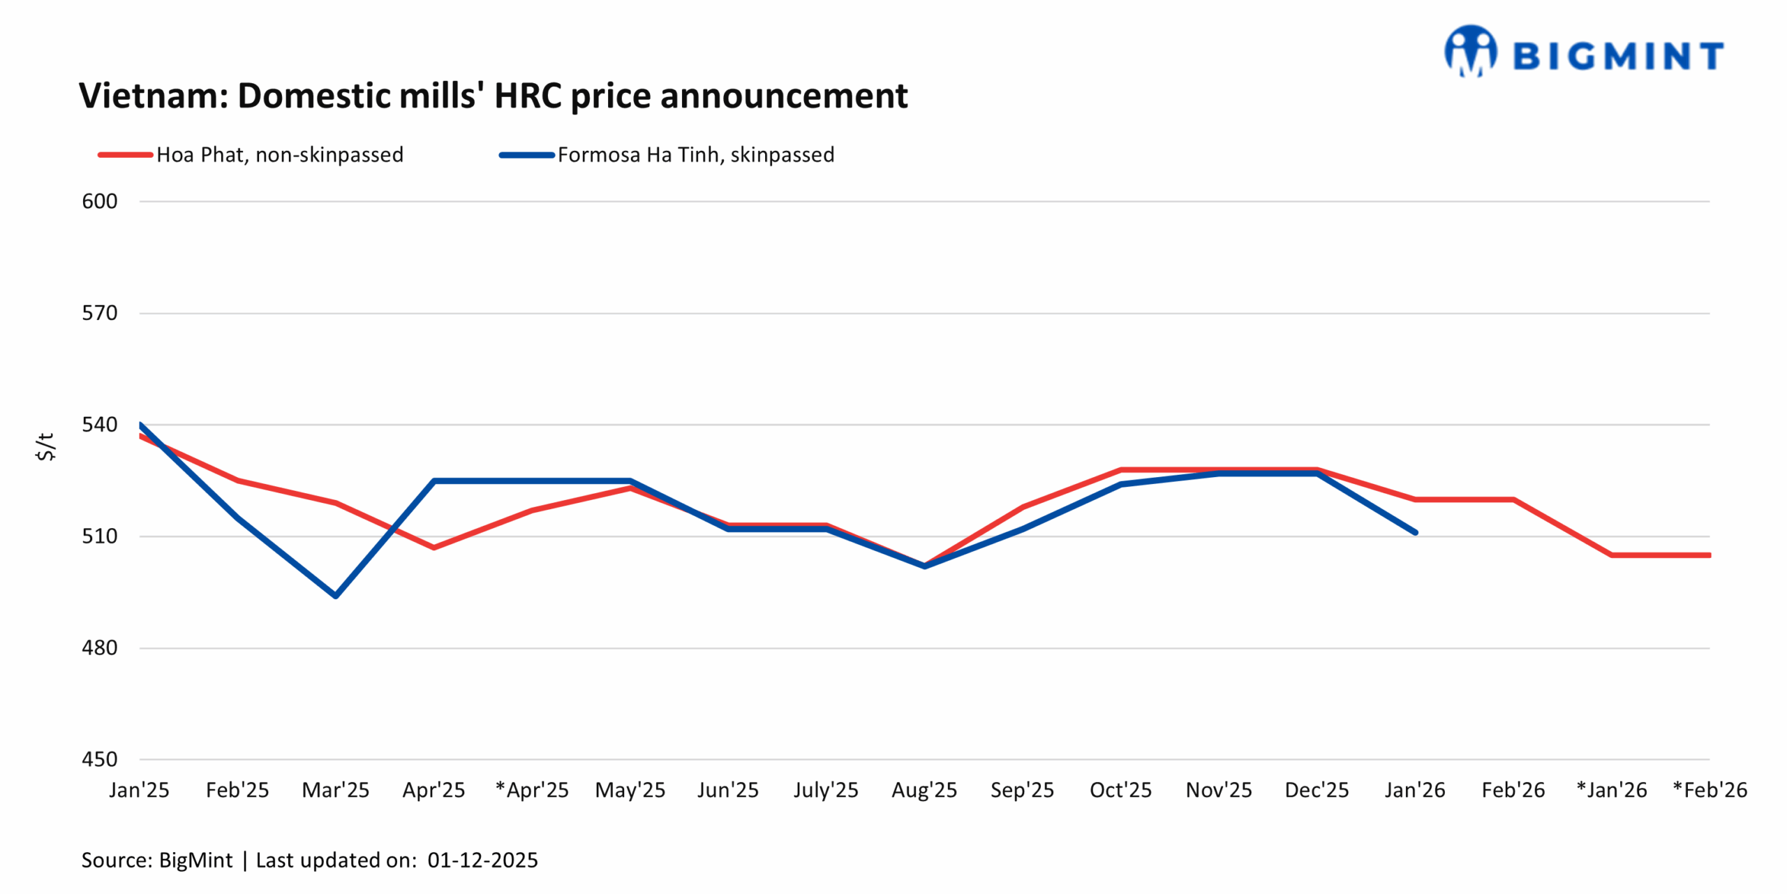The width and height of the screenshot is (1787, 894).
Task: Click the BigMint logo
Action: pos(1583,52)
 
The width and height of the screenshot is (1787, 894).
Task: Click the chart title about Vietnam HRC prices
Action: pos(493,96)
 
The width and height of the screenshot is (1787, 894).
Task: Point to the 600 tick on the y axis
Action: pos(99,201)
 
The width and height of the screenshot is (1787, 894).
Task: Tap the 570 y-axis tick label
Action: pos(99,313)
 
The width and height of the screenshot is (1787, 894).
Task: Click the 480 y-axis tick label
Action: pos(99,647)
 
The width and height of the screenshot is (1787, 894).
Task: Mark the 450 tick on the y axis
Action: pos(99,759)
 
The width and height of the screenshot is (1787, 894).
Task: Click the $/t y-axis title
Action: pos(45,446)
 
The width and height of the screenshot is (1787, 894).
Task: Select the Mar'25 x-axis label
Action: pos(335,790)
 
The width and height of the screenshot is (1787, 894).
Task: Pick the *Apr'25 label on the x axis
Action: pos(532,790)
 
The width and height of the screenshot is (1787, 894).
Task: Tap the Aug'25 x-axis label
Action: pos(924,790)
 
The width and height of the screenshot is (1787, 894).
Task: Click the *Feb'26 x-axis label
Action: pos(1710,790)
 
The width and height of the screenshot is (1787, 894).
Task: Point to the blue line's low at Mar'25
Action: pos(336,596)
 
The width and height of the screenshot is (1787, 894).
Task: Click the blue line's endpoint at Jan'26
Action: pos(1415,532)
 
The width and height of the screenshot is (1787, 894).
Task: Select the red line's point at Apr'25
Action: pos(433,548)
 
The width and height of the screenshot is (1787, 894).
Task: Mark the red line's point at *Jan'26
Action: pos(1612,555)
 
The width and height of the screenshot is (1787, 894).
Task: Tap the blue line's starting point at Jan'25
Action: pos(140,425)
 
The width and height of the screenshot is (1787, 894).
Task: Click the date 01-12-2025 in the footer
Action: pos(482,860)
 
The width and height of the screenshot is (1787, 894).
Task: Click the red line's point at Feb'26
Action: pos(1513,499)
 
